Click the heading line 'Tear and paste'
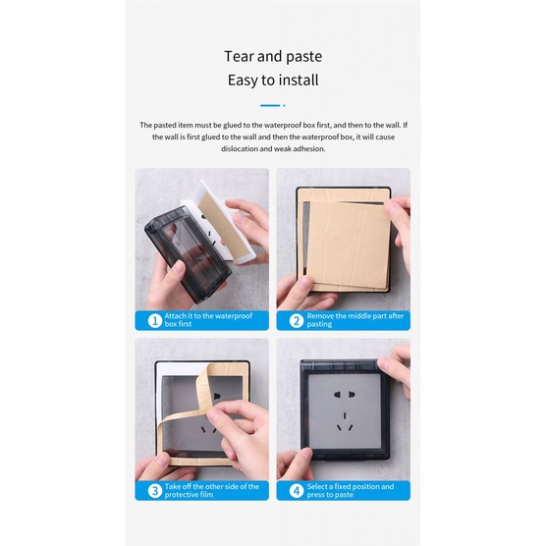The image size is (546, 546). (273, 56)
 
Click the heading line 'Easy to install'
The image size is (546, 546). (273, 81)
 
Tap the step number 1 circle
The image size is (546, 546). (155, 320)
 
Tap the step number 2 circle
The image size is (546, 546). (297, 320)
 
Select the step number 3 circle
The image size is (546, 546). (155, 491)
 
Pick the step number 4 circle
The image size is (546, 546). (297, 491)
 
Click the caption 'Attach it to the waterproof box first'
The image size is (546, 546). (208, 320)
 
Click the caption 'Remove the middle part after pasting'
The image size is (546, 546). (355, 320)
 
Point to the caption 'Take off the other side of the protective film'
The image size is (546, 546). (212, 490)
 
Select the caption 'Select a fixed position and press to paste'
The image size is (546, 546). (351, 490)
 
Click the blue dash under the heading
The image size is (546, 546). (270, 105)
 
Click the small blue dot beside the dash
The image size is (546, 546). (284, 105)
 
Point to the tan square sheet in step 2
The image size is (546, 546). (349, 244)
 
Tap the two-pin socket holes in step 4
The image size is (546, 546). (345, 395)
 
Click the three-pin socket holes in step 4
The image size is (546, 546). (345, 422)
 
